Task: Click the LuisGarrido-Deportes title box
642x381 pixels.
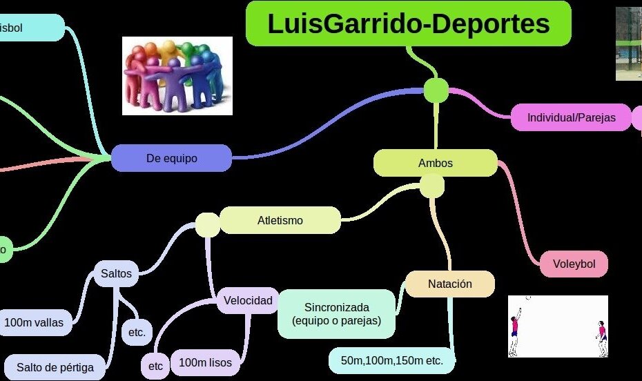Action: coord(408,23)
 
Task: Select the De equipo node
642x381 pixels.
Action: coord(171,158)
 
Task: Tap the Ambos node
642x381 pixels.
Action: coord(435,163)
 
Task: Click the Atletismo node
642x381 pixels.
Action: coord(280,221)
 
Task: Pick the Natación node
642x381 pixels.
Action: coord(449,284)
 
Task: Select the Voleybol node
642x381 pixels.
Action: coord(574,264)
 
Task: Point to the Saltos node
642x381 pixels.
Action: coord(116,273)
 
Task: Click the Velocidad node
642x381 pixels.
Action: coord(248,300)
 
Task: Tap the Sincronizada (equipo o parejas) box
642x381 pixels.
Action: coord(337,314)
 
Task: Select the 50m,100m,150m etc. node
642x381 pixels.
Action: coord(391,360)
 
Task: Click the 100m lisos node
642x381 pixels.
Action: coord(205,362)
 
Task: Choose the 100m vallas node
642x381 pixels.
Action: coord(34,322)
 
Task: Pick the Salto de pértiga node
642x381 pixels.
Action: coord(55,367)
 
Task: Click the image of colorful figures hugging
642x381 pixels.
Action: coord(177,75)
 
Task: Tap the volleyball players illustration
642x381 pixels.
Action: coord(558,326)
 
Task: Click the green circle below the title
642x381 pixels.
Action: coord(436,90)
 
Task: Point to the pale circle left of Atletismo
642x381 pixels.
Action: coord(207,224)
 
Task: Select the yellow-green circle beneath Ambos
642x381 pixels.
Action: coord(432,186)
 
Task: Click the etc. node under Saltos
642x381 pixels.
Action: coord(137,332)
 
